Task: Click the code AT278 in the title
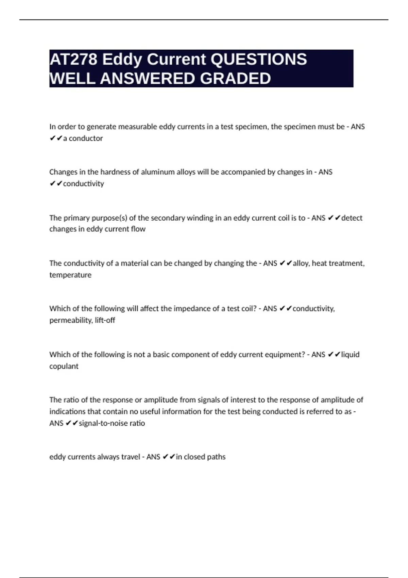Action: (73, 59)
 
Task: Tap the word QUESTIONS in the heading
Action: (259, 59)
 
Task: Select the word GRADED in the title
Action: (235, 79)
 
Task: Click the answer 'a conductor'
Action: (83, 138)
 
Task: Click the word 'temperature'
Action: (70, 275)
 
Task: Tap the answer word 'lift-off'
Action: (105, 320)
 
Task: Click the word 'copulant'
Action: (64, 366)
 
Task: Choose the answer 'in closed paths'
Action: (201, 457)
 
